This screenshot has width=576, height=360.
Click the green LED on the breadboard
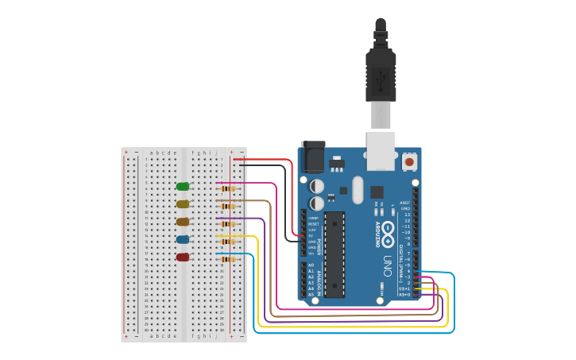(183, 187)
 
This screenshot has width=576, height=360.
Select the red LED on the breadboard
(183, 257)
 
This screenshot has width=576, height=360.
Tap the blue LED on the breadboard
(183, 239)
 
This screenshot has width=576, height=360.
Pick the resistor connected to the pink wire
(228, 188)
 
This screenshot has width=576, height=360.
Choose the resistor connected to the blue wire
(228, 259)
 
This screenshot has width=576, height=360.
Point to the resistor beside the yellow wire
(228, 242)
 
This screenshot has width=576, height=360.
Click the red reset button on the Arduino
(409, 161)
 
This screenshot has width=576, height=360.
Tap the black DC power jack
(312, 157)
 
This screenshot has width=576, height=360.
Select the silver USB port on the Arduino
(380, 151)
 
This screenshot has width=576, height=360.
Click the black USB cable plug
(380, 75)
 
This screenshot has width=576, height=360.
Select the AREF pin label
(405, 203)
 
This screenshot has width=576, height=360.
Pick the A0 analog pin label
(311, 265)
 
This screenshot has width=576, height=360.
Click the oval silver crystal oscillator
(357, 189)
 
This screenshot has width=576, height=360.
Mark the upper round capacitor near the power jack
(317, 185)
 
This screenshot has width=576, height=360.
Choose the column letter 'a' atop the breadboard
(152, 152)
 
